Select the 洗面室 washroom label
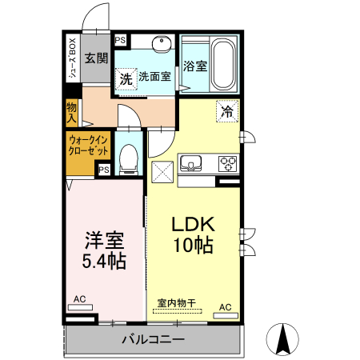click(x=154, y=78)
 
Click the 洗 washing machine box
click(x=126, y=78)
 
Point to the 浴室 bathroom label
click(x=195, y=66)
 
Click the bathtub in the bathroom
click(x=222, y=62)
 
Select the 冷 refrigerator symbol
click(x=227, y=111)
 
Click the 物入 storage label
click(x=71, y=111)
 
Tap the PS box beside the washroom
click(x=121, y=40)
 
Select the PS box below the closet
click(x=104, y=170)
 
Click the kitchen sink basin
click(x=192, y=164)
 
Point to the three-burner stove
click(x=228, y=164)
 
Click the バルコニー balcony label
click(x=154, y=339)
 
